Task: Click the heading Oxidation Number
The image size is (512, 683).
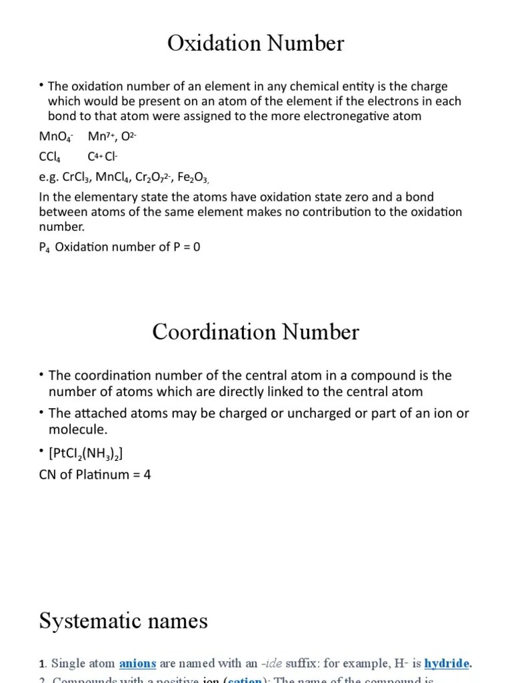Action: point(255,43)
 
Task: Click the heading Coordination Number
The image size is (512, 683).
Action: point(255,331)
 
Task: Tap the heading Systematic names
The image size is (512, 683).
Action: point(123,621)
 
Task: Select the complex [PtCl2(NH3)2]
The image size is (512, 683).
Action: point(85,454)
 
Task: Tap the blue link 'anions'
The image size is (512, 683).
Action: point(137,664)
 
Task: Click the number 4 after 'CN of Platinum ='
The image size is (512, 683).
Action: point(147,477)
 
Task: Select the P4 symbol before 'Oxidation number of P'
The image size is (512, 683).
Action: point(45,247)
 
